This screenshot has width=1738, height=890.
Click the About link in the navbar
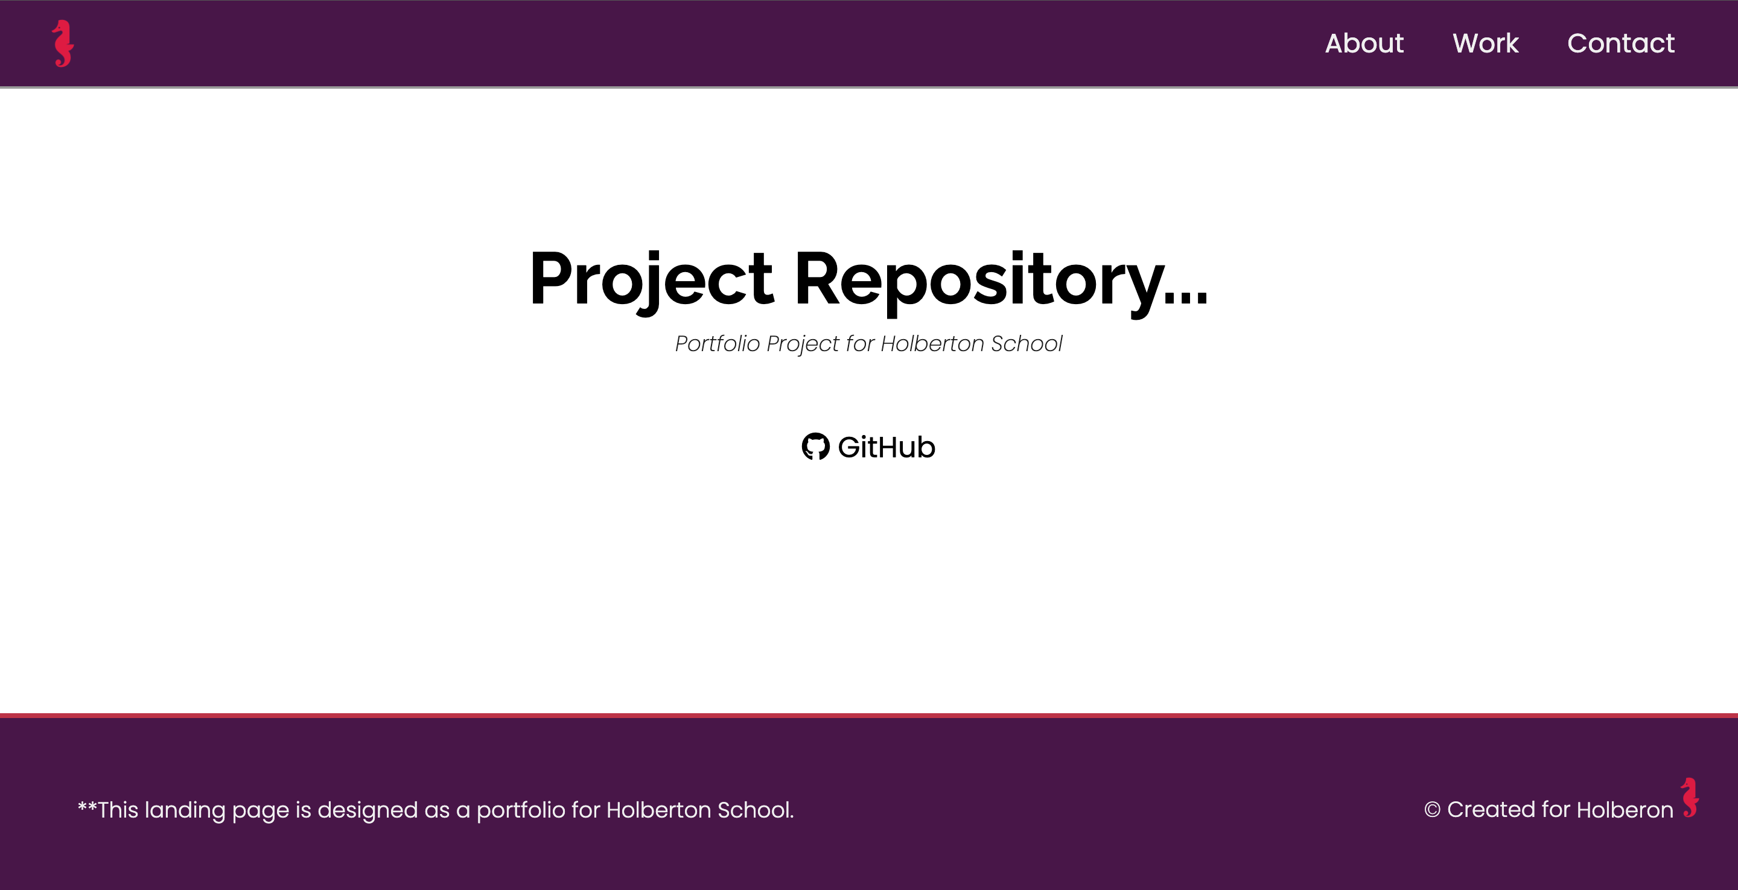[x=1364, y=43]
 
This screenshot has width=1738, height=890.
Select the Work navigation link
[x=1485, y=43]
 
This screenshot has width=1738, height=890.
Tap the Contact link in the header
[x=1620, y=43]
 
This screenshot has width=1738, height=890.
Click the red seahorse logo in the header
[x=63, y=44]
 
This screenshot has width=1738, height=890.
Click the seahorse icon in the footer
[x=1690, y=798]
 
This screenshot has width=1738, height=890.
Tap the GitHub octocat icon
[x=815, y=447]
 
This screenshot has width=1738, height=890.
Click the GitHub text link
[x=886, y=447]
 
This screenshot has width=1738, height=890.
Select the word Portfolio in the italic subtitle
[x=717, y=344]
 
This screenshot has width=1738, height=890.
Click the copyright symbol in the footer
[x=1431, y=810]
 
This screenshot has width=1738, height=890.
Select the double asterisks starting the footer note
[x=87, y=806]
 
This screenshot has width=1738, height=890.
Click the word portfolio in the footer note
[x=521, y=810]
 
